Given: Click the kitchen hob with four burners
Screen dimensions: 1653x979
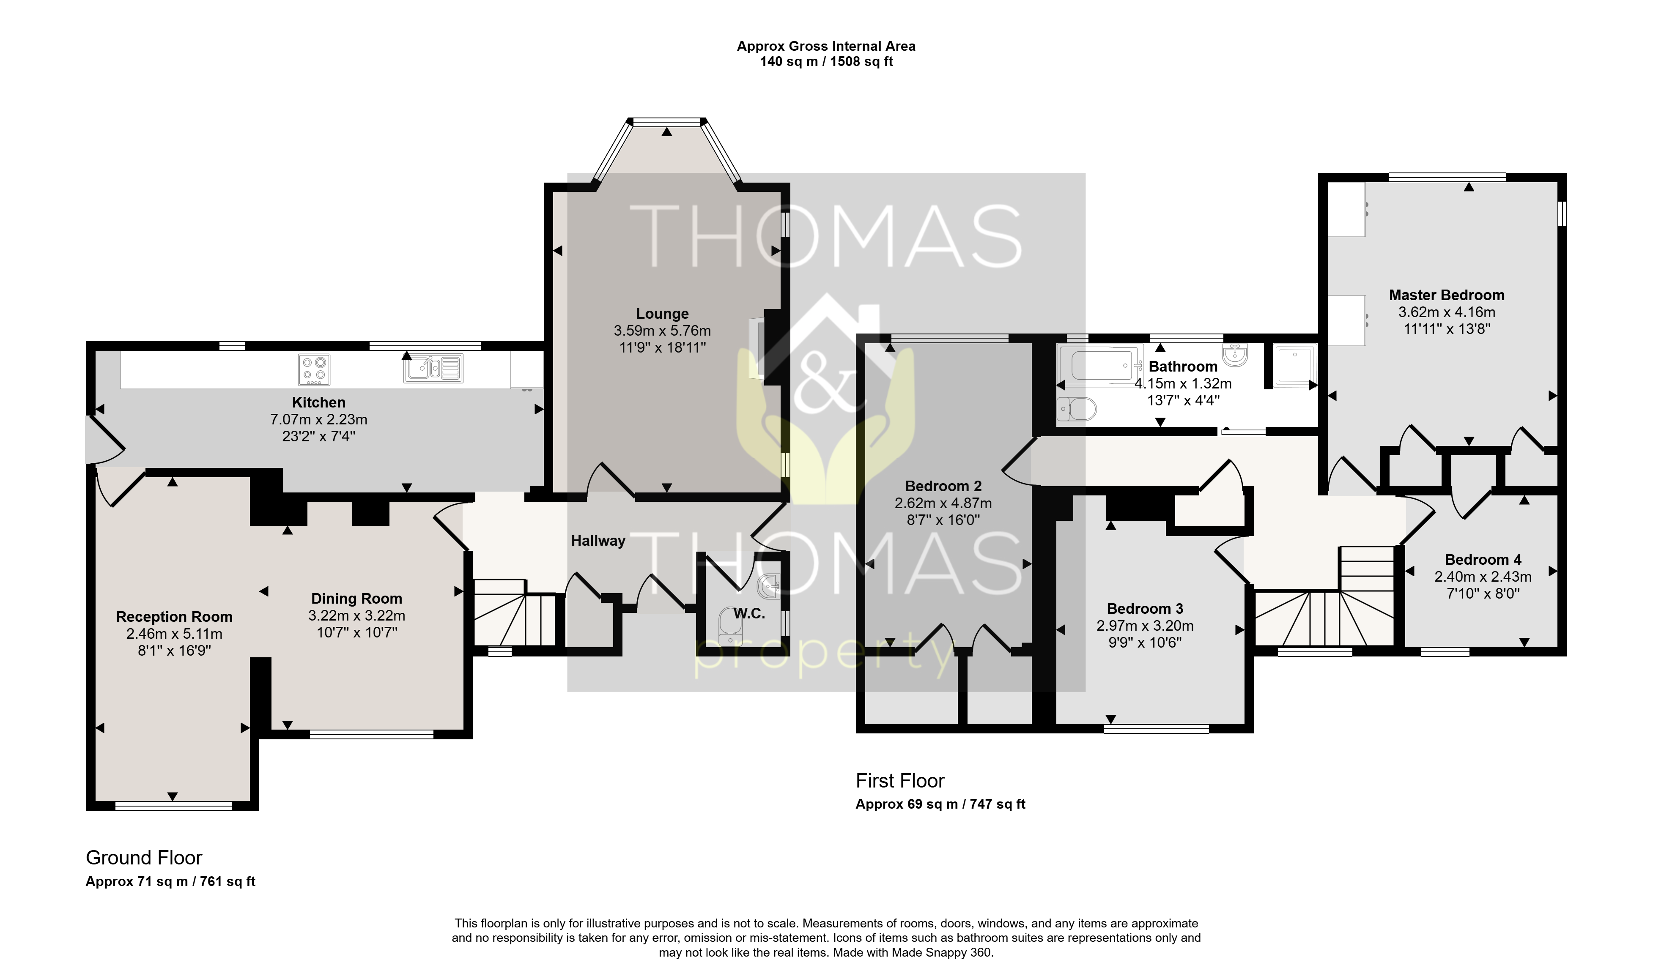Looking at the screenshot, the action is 314,369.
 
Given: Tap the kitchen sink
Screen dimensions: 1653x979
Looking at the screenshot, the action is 433,368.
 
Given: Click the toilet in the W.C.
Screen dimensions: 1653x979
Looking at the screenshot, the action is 729,625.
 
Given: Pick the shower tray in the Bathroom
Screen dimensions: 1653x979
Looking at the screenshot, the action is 1294,366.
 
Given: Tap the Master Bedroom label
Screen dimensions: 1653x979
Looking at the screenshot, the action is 1447,295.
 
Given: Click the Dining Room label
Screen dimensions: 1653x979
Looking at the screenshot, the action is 356,599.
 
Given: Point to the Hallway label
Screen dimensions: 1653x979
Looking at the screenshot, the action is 598,541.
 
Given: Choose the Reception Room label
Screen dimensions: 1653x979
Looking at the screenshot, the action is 174,617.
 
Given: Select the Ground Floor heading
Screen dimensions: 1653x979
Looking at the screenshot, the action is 144,858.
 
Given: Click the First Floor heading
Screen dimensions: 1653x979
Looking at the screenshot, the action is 900,781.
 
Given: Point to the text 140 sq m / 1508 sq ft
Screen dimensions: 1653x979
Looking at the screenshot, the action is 826,61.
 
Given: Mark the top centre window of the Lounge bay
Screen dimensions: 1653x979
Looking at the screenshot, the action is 666,122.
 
